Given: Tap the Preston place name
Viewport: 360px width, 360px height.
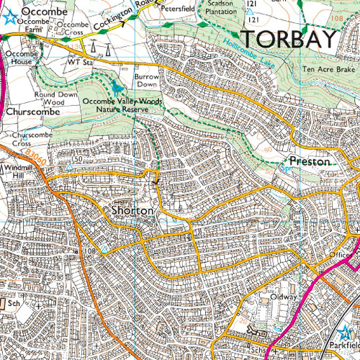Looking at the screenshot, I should [310, 162].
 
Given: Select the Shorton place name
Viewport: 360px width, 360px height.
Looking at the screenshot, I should [132, 211].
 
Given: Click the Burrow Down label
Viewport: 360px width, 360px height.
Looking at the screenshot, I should [147, 79].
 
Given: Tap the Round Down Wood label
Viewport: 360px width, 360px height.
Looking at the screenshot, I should [55, 98].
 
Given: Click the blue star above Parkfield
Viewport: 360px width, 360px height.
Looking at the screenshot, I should [343, 334].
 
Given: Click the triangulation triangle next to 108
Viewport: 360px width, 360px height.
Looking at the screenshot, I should [105, 250].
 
